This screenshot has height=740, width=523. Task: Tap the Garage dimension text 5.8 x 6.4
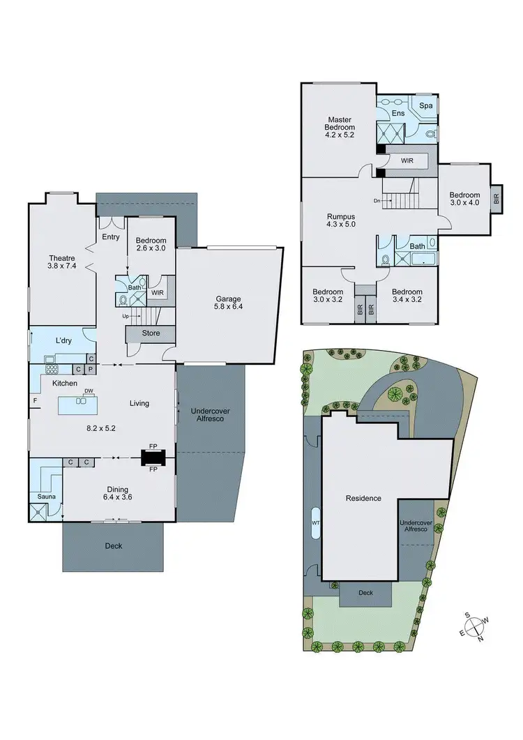point(228,305)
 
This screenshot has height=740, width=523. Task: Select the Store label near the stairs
point(151,333)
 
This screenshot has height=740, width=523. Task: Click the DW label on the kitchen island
point(89,391)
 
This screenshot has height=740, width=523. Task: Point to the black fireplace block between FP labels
point(153,458)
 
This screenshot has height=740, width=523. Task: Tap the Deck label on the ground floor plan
point(113,545)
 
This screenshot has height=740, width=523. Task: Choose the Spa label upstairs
point(425,105)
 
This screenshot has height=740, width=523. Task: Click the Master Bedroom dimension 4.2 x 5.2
point(340,137)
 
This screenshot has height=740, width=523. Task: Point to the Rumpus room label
point(341,216)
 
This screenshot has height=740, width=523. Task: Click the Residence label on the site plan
point(363,498)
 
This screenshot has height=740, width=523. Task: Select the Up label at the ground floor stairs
point(126,316)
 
